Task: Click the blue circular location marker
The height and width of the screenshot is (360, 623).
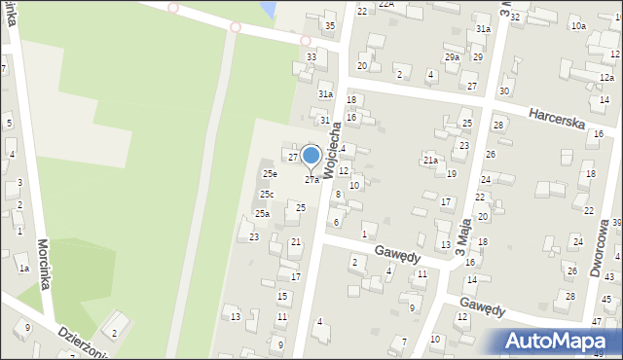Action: pyautogui.click(x=311, y=156)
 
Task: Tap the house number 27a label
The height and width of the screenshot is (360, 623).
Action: pyautogui.click(x=311, y=180)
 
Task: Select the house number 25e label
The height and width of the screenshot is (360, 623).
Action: pyautogui.click(x=269, y=174)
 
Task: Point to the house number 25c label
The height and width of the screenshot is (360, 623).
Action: pyautogui.click(x=266, y=195)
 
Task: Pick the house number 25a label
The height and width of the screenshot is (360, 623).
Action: pyautogui.click(x=262, y=214)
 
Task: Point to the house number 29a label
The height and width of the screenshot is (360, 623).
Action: pyautogui.click(x=453, y=57)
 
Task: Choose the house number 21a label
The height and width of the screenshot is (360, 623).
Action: pyautogui.click(x=429, y=160)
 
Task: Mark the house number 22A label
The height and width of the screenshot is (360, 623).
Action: pyautogui.click(x=386, y=5)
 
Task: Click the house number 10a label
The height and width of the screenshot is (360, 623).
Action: pyautogui.click(x=578, y=26)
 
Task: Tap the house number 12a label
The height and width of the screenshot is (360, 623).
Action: pyautogui.click(x=606, y=78)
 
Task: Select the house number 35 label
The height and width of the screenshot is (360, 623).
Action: pyautogui.click(x=330, y=25)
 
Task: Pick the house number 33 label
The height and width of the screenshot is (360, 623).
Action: pyautogui.click(x=311, y=57)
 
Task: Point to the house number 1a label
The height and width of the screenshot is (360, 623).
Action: pyautogui.click(x=24, y=268)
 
